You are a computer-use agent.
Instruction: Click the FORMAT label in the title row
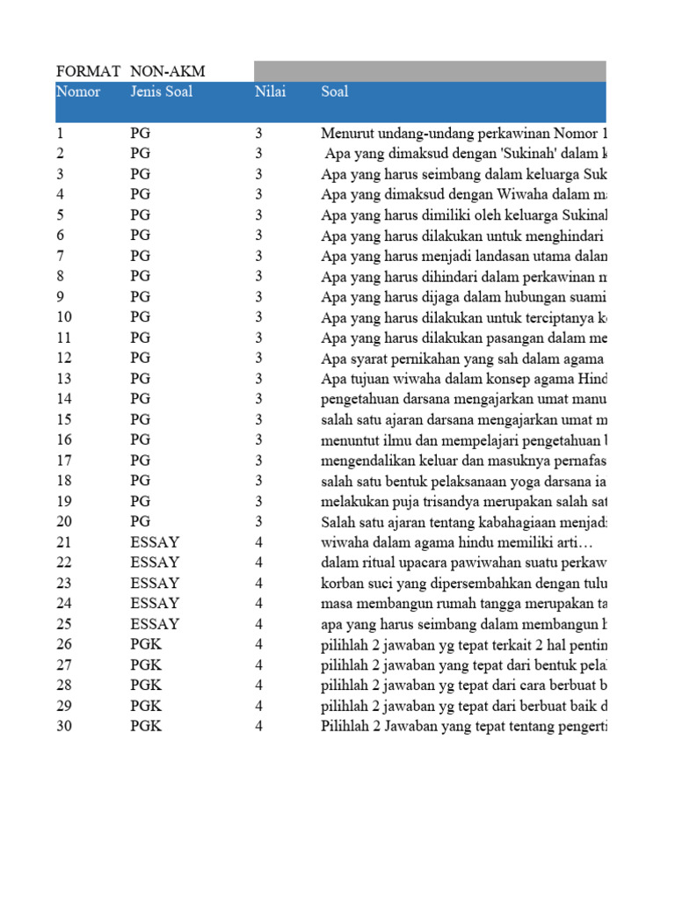tap(87, 71)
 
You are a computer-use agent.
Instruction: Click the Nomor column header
tap(78, 91)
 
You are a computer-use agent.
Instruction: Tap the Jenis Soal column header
tap(161, 91)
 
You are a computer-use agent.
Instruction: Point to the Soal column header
tap(335, 91)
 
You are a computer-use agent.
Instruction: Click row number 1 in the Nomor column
tap(61, 134)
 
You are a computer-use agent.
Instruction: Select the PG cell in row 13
tap(140, 379)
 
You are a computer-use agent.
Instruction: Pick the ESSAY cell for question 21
tap(155, 542)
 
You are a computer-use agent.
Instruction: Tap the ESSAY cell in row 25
tap(155, 624)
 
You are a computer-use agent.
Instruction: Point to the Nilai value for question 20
tap(259, 522)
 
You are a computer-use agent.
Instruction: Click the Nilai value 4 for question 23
tap(259, 584)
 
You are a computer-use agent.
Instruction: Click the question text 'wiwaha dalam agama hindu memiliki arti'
tap(456, 542)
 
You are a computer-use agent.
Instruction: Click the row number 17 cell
tap(64, 461)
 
